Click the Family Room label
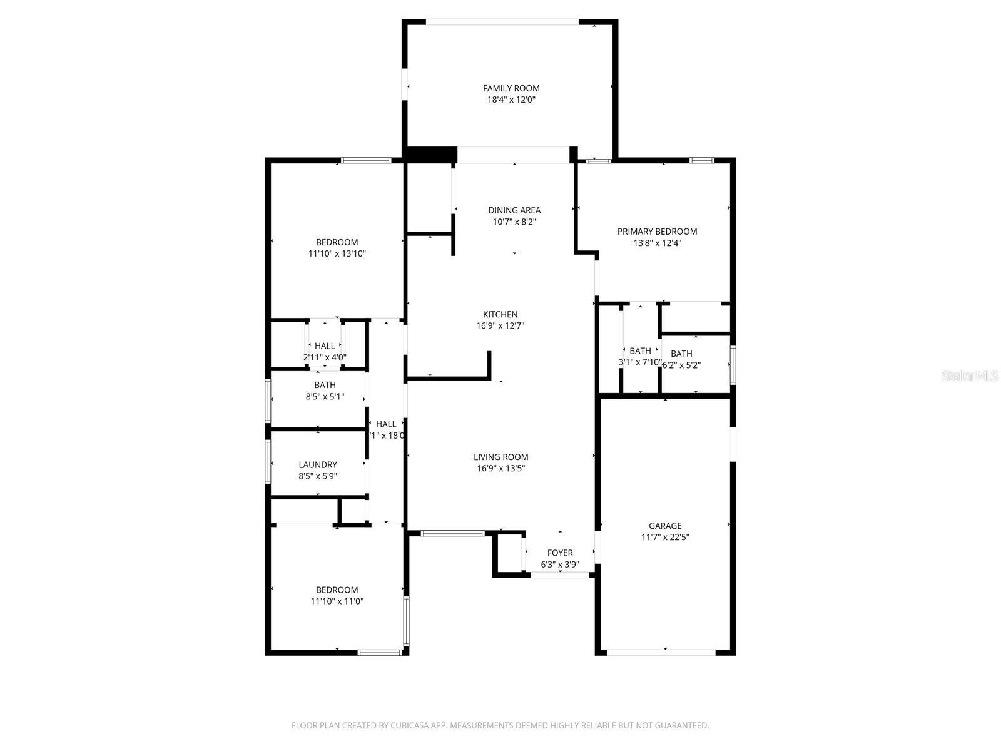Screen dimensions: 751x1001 tap(511, 88)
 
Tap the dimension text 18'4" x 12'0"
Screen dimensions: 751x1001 tap(511, 100)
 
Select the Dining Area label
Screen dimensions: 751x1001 tap(514, 210)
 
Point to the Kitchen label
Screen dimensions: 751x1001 tap(500, 314)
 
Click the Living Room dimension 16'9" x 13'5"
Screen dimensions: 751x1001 tap(500, 468)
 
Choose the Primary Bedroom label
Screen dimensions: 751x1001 tap(657, 232)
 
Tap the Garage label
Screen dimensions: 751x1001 tap(665, 526)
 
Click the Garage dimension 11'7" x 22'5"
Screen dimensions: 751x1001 tap(665, 537)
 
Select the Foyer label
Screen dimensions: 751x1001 tap(560, 553)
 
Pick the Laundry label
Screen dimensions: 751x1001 tap(318, 465)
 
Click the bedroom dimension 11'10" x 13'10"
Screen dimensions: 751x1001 tap(337, 253)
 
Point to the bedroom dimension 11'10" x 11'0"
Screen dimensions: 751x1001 tap(337, 601)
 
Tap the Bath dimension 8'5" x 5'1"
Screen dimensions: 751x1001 tap(325, 396)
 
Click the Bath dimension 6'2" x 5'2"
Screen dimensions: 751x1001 tap(682, 365)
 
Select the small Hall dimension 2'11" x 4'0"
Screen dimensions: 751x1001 tap(325, 357)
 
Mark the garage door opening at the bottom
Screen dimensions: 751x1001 tap(661, 652)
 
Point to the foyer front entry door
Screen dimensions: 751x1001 tap(561, 575)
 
